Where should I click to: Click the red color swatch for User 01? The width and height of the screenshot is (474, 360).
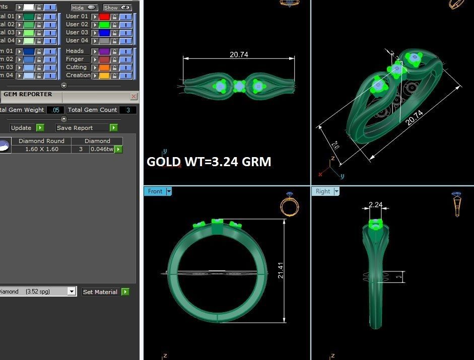pos(104,17)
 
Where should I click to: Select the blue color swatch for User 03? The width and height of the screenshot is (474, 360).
pos(104,33)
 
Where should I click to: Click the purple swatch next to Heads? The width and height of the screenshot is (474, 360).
pos(104,51)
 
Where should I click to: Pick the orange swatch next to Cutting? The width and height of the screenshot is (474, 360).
pos(104,67)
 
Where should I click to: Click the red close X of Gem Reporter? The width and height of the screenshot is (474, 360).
pos(133,96)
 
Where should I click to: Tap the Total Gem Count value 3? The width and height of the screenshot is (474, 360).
pos(128,110)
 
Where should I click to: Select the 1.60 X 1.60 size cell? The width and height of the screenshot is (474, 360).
pos(41,150)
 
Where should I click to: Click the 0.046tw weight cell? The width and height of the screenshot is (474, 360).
pos(101,150)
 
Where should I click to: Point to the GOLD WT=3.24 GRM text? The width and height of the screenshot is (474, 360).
pos(209,162)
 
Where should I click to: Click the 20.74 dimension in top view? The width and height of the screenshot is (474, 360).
pos(239,54)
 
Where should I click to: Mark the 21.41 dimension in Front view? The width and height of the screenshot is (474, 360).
pos(281,270)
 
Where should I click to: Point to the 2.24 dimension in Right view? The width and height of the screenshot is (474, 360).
pos(375,204)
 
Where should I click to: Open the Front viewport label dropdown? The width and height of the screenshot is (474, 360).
pos(169,191)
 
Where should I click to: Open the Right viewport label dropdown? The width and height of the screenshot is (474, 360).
pos(336,191)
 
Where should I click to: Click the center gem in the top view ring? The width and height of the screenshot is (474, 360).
pos(239,86)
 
